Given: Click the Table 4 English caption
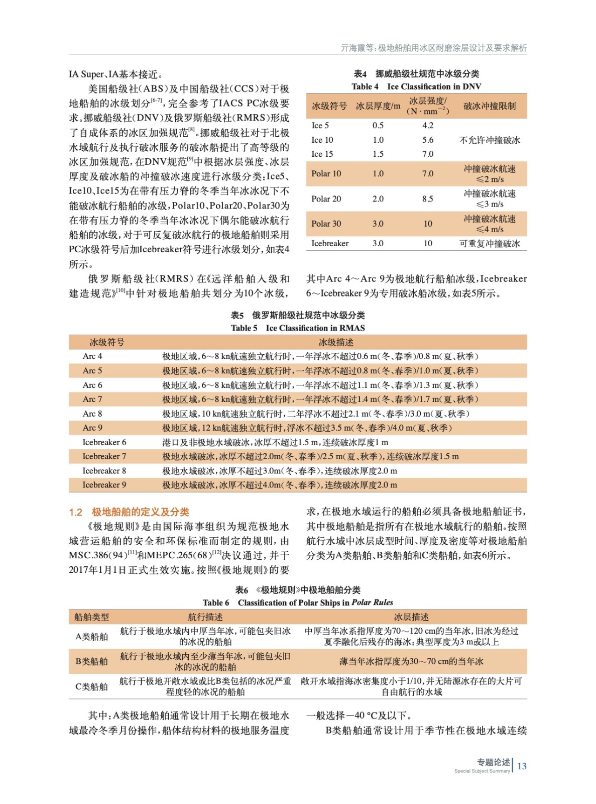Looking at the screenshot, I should tap(416, 86).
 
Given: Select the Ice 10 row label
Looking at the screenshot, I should tap(322, 140).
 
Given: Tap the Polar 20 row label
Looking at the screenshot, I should tap(326, 198).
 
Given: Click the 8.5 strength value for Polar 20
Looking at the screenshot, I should tap(427, 198).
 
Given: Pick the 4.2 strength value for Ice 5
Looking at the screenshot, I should tap(427, 125).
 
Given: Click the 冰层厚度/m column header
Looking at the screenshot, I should tap(378, 106).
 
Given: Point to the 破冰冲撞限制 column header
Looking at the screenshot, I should tap(489, 106).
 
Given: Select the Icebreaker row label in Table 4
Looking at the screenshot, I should tap(330, 243).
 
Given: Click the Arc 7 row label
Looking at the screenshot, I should tap(92, 399).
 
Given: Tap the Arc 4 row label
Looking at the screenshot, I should tap(92, 356).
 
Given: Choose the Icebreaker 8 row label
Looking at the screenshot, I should tap(104, 471).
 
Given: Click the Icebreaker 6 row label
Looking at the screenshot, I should tap(104, 442).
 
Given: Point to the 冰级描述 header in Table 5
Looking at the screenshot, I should tap(336, 342).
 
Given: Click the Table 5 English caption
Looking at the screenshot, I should tap(298, 328).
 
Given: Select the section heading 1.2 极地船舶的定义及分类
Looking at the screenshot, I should tap(129, 512).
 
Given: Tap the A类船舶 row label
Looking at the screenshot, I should tap(91, 636).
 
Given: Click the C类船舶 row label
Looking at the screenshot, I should tap(91, 686).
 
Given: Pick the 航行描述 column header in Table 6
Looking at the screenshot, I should tap(205, 617).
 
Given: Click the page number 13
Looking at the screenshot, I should tap(522, 766).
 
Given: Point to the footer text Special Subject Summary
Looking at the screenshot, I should tap(482, 771).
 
